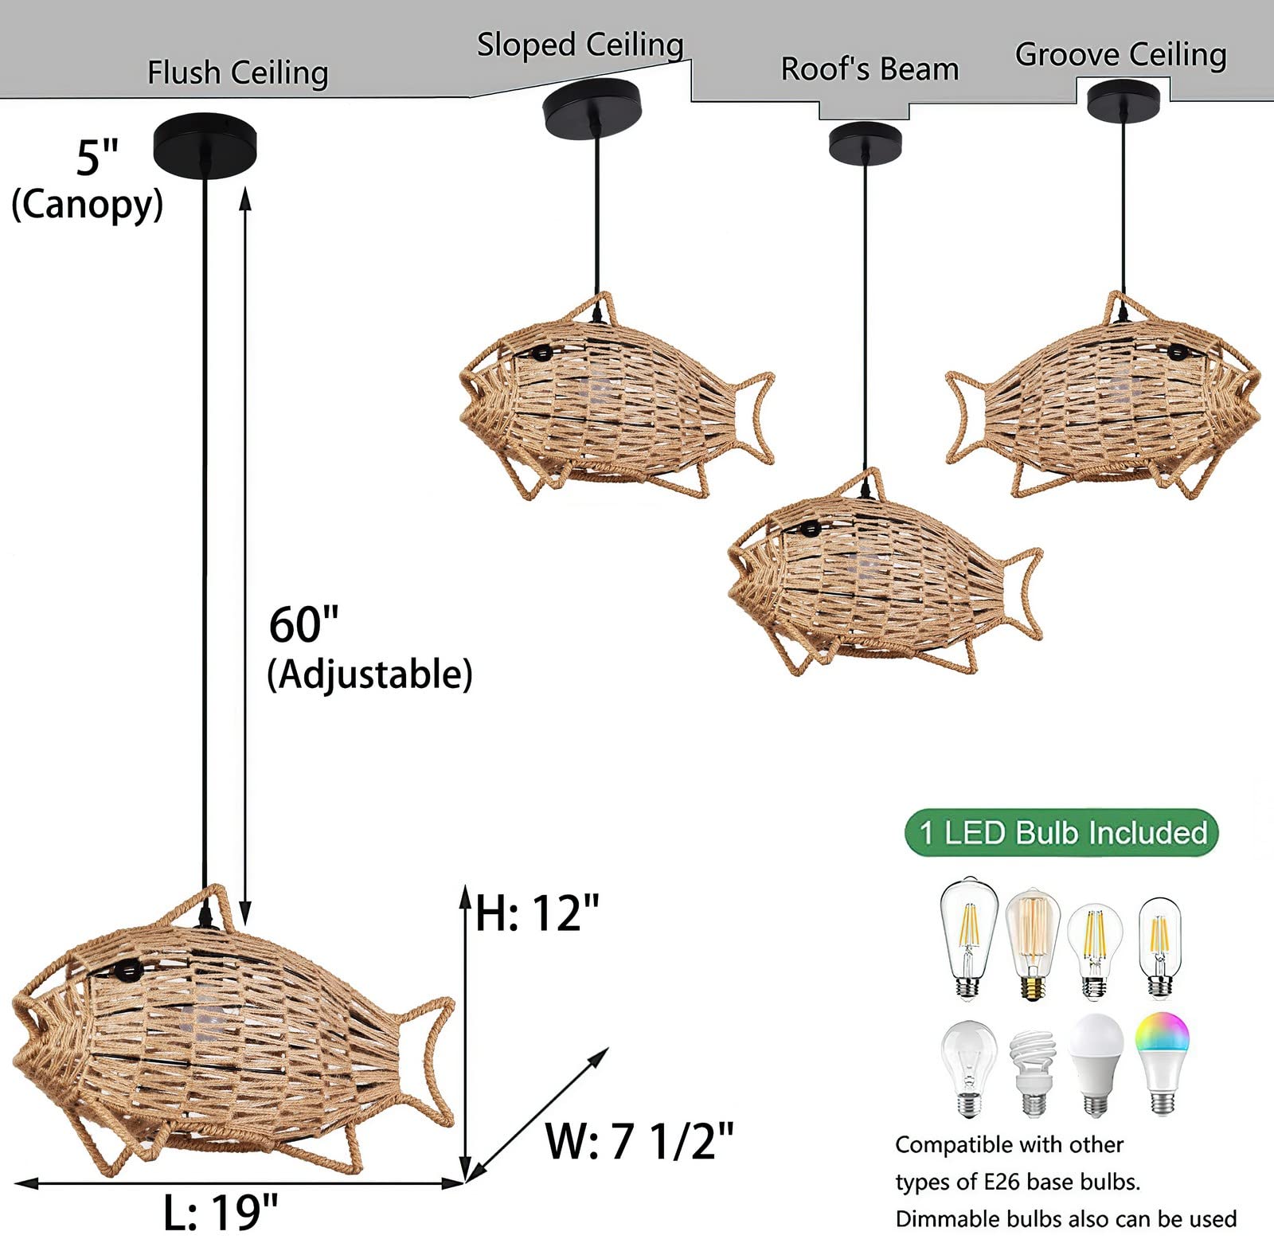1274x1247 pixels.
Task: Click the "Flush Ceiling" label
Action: [x=237, y=73]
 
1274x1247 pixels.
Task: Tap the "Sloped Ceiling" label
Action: [x=580, y=45]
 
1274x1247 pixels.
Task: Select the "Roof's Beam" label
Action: [x=870, y=69]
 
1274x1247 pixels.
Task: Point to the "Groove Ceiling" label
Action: [x=1120, y=55]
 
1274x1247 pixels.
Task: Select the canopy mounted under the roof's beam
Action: [x=865, y=143]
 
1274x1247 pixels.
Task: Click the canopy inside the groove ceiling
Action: [x=1124, y=100]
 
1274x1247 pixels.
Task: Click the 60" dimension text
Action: [x=303, y=625]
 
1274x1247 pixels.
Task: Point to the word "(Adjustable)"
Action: [x=369, y=674]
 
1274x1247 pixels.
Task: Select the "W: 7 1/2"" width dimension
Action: [x=639, y=1140]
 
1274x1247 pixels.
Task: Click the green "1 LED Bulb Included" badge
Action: [x=1061, y=833]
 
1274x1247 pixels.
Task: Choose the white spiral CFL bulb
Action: [x=1034, y=1072]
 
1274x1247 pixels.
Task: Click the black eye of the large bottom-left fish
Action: [x=128, y=971]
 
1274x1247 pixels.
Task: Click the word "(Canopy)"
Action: [x=87, y=205]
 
